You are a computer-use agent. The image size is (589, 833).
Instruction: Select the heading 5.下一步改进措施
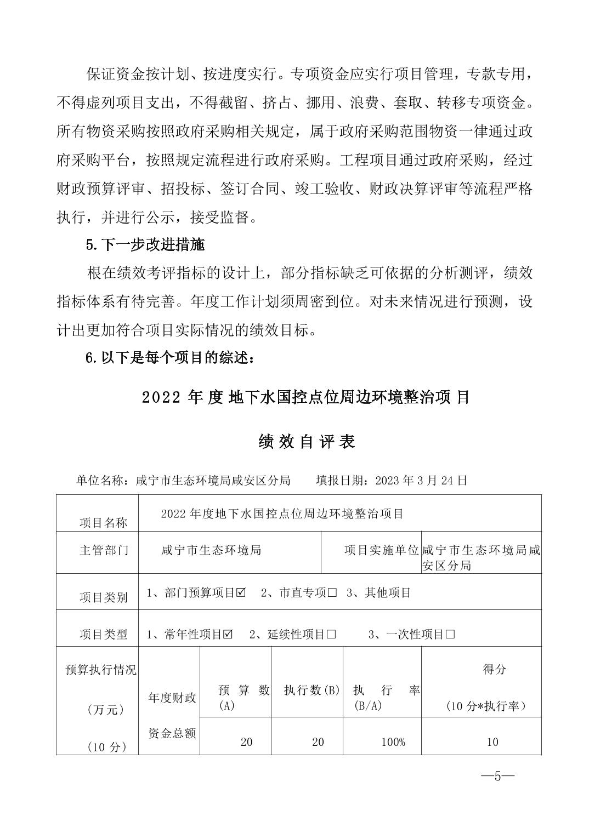click(x=145, y=245)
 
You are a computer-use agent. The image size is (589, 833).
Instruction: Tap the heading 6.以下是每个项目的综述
click(x=170, y=358)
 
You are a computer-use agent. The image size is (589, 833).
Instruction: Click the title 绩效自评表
click(x=307, y=442)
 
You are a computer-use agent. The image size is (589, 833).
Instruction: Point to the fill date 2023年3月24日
click(x=421, y=481)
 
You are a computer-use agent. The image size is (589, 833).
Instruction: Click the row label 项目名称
click(x=103, y=523)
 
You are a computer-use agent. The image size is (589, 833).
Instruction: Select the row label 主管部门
click(x=104, y=550)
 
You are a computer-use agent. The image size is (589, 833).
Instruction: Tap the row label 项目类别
click(x=103, y=597)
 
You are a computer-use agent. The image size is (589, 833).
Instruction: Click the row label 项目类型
click(x=103, y=635)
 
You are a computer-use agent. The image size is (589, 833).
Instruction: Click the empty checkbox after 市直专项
click(x=331, y=593)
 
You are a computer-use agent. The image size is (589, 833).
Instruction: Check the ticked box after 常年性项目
click(x=228, y=635)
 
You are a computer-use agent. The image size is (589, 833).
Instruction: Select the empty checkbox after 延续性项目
click(x=331, y=635)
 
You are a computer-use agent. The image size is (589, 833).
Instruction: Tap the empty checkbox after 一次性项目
click(x=450, y=635)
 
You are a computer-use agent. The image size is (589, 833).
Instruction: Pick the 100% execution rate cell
click(x=393, y=742)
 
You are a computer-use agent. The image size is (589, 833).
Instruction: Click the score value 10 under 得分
click(x=492, y=742)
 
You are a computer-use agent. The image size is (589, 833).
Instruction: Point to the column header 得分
click(x=494, y=669)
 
